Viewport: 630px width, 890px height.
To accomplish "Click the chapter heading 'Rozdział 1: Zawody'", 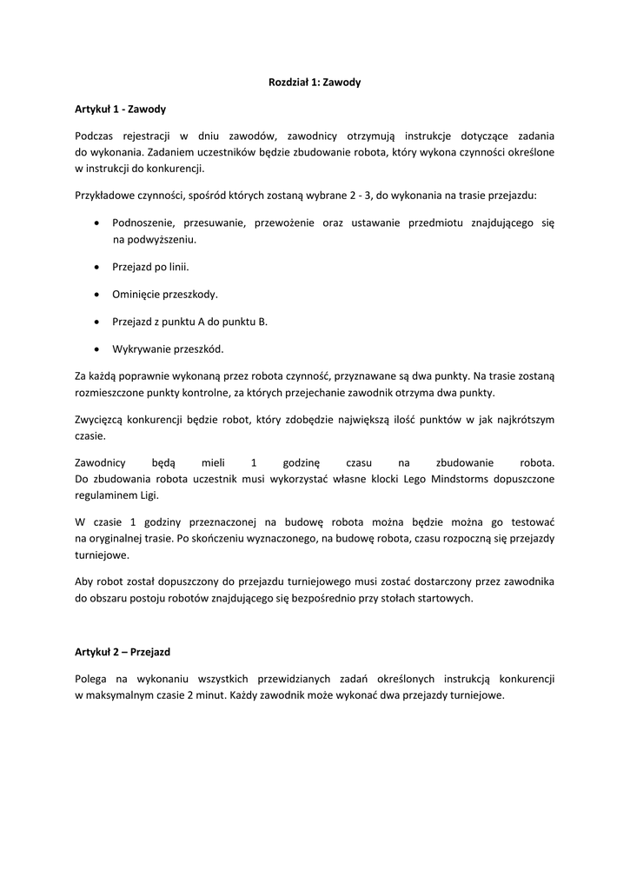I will click(x=314, y=83).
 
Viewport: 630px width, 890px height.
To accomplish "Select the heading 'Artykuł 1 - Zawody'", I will click(x=120, y=110).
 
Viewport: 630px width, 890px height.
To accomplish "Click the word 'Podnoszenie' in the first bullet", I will click(x=142, y=223).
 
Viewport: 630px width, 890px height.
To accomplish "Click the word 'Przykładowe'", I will click(x=108, y=196).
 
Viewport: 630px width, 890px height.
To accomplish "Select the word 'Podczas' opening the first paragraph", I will click(x=94, y=136).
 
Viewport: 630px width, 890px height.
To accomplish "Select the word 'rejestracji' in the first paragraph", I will click(x=149, y=136).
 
